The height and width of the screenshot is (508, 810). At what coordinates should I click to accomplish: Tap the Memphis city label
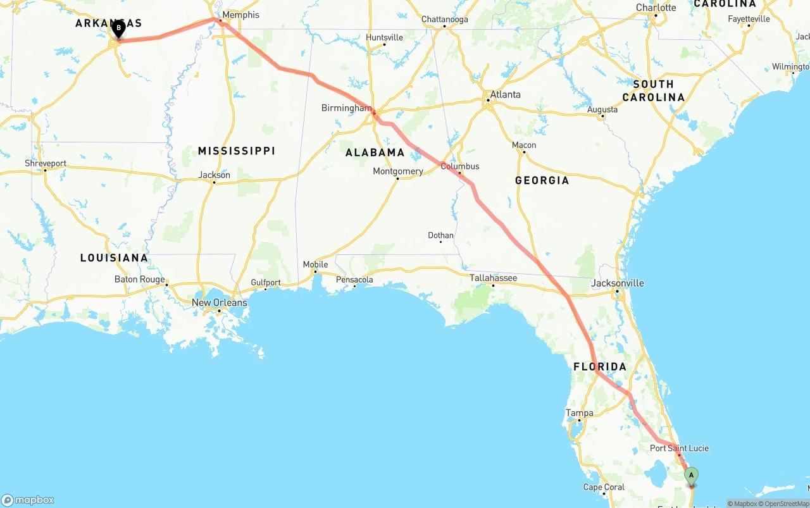coord(241,15)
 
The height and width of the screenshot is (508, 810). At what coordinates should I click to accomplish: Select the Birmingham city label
coord(346,108)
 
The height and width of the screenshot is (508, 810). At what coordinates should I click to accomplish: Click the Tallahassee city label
coord(493,278)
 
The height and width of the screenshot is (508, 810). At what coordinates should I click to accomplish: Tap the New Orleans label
coord(219,303)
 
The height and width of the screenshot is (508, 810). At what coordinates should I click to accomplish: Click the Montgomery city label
coord(397,171)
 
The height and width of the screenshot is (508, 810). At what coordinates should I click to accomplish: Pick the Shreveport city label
coord(46,163)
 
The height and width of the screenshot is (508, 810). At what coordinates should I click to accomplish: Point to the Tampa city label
coord(580,414)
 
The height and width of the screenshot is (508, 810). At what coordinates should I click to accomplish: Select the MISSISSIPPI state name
coord(236,151)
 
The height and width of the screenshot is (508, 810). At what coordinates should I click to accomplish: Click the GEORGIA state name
coord(542,180)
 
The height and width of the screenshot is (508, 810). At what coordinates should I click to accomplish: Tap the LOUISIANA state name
coord(114,258)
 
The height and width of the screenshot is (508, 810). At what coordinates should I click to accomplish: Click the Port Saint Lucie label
coord(679,449)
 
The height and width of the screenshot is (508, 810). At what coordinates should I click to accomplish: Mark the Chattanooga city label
coord(445,20)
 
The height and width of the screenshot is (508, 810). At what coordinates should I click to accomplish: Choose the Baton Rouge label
coord(139,280)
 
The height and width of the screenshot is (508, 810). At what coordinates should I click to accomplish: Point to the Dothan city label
coord(440,236)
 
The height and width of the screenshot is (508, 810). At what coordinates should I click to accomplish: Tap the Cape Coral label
coord(604,487)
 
